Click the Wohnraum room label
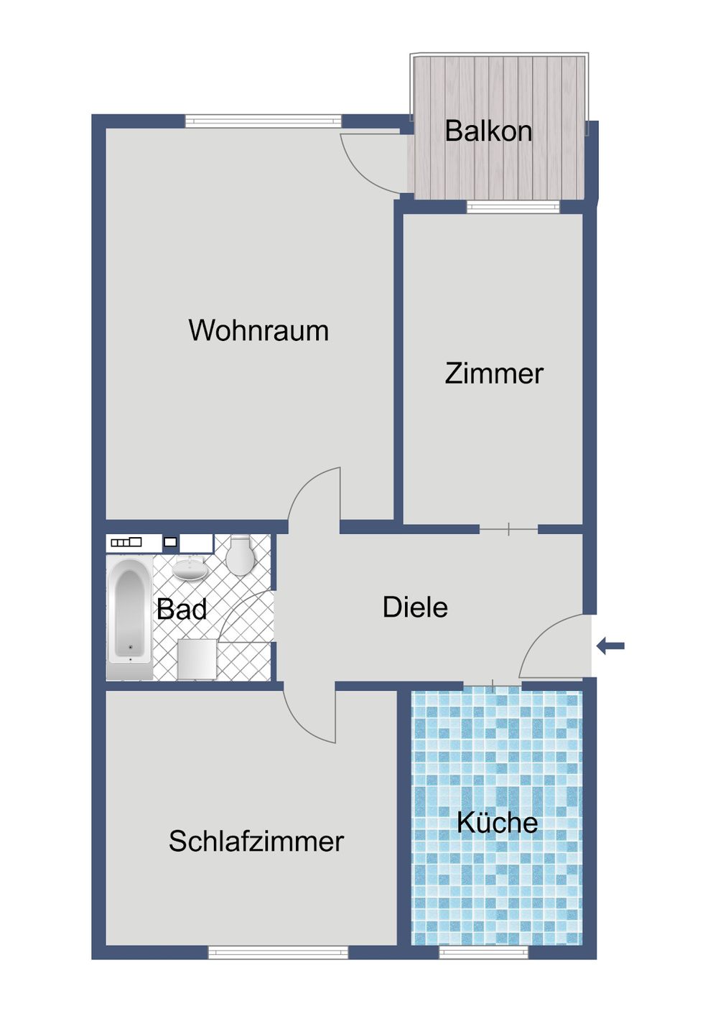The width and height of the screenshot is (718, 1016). coord(258,331)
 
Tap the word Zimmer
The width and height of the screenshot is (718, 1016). coord(494,374)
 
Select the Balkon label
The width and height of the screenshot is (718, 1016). coord(488,131)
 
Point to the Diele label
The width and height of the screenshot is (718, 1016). coord(415,607)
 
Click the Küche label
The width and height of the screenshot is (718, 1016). coord(497,823)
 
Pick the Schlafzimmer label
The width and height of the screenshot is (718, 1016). coord(256,842)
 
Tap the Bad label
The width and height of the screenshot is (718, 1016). coord(182,610)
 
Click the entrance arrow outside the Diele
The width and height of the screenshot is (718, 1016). coord(611,646)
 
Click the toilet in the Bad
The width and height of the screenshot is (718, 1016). coord(241,555)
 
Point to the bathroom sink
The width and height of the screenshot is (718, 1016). coord(190,569)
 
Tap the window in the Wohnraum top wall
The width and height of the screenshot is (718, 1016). coord(263,121)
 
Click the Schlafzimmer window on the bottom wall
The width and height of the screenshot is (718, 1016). coord(278,952)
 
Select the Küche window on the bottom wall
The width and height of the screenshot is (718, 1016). coord(483,952)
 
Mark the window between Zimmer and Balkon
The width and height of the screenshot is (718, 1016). coord(513,208)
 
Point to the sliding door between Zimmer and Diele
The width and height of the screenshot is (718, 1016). coord(508,530)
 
